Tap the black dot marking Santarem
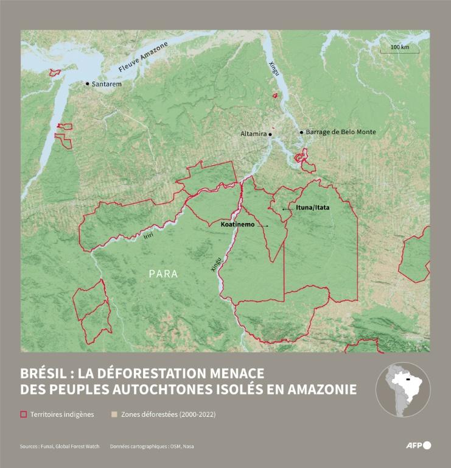pyautogui.click(x=87, y=84)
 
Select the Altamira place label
pyautogui.click(x=253, y=133)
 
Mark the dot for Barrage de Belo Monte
pyautogui.click(x=301, y=132)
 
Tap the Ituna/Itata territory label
pyautogui.click(x=312, y=208)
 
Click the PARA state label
pyautogui.click(x=163, y=274)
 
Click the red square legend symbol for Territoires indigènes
pyautogui.click(x=24, y=414)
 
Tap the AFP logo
pyautogui.click(x=418, y=445)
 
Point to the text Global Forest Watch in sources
pyautogui.click(x=77, y=447)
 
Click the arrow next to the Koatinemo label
pyautogui.click(x=262, y=226)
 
